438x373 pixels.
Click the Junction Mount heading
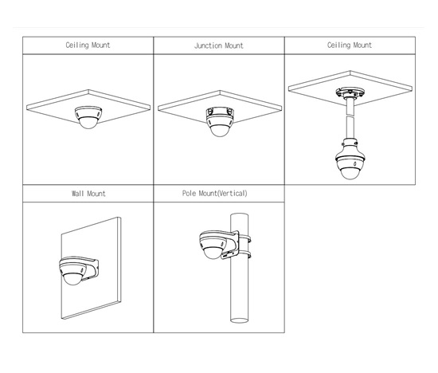click(x=219, y=45)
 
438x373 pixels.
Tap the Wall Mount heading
click(x=88, y=194)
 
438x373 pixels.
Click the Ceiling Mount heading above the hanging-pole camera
click(x=350, y=45)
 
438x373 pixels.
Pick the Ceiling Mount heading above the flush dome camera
click(x=88, y=45)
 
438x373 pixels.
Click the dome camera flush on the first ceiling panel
click(x=88, y=117)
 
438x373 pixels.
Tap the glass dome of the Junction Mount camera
click(x=220, y=130)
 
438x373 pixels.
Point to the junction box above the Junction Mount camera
click(x=220, y=112)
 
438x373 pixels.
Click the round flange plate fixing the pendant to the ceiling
click(x=350, y=92)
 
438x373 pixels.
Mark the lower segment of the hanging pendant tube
click(x=350, y=128)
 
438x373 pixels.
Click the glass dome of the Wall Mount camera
click(x=72, y=279)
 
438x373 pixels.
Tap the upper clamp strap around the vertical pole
click(x=244, y=238)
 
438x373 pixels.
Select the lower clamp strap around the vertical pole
click(x=244, y=255)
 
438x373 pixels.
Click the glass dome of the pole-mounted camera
click(x=213, y=253)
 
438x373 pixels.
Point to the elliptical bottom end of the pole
click(x=240, y=320)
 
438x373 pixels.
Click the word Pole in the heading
click(x=189, y=193)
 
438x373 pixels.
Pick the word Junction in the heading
click(x=207, y=45)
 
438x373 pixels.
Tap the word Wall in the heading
click(x=78, y=194)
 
